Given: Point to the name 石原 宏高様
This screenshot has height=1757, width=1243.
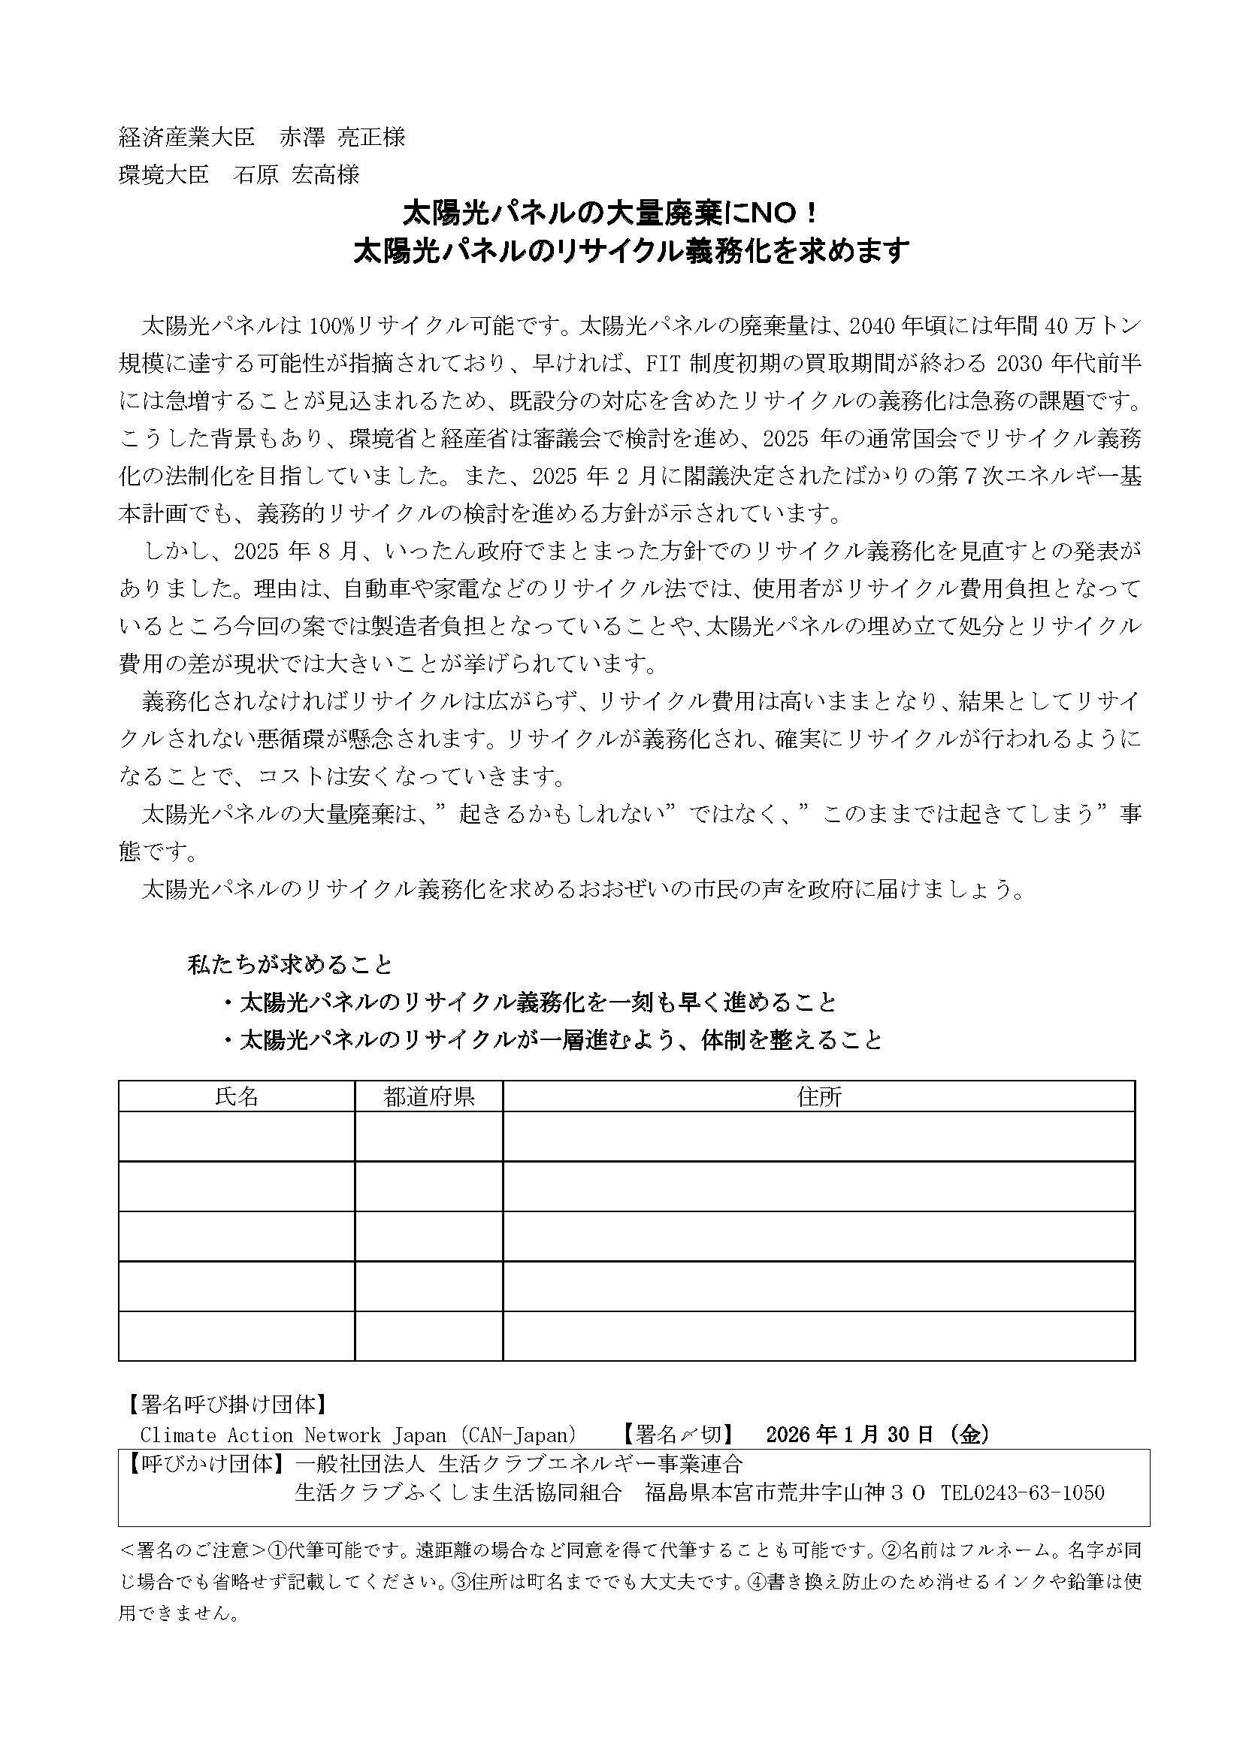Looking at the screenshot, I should click(x=297, y=175).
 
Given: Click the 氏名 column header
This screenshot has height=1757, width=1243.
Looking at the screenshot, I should click(x=237, y=1096).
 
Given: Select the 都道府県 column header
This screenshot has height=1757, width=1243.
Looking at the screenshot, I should click(x=428, y=1096).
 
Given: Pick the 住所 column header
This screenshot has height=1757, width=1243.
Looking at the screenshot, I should click(x=818, y=1096).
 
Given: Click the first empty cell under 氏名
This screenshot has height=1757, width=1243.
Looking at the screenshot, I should click(x=237, y=1136).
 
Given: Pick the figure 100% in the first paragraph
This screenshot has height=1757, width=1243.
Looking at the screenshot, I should click(x=331, y=326).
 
